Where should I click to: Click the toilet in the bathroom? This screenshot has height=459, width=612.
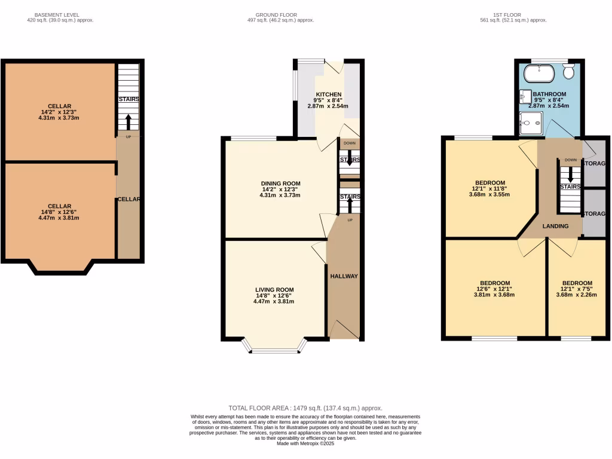(x=568, y=71)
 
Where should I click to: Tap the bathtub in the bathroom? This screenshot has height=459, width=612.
(x=540, y=74)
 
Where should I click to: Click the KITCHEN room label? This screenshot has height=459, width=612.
(x=329, y=94)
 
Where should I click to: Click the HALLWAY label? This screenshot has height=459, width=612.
(x=344, y=276)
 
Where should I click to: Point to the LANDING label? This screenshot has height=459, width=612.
(x=555, y=226)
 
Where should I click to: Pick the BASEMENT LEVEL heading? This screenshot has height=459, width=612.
(x=57, y=15)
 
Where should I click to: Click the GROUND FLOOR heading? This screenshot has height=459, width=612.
(x=276, y=15)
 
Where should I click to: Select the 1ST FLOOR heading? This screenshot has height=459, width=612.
(x=513, y=15)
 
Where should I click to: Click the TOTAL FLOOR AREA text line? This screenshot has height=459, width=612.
(x=305, y=408)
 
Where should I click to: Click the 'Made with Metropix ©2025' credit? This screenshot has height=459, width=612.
(x=305, y=443)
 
